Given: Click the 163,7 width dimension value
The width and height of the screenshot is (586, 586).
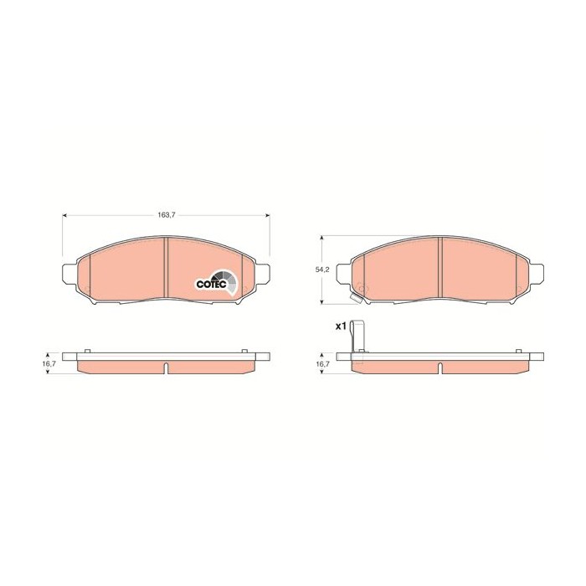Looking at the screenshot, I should (167, 215).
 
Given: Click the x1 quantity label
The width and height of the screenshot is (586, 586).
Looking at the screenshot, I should (341, 326).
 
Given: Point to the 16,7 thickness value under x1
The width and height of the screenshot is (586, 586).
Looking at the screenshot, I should (321, 365).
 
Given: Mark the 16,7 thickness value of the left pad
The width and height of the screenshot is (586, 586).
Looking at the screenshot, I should (49, 365).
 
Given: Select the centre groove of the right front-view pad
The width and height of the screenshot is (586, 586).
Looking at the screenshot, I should (440, 266).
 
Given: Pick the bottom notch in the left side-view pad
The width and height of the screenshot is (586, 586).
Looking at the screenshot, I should (167, 368).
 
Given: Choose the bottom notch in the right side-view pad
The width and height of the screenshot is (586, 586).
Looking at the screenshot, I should (440, 368).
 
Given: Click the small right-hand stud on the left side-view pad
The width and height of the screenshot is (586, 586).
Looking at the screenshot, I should (241, 349).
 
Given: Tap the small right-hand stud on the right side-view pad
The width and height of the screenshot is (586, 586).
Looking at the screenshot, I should (514, 349).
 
